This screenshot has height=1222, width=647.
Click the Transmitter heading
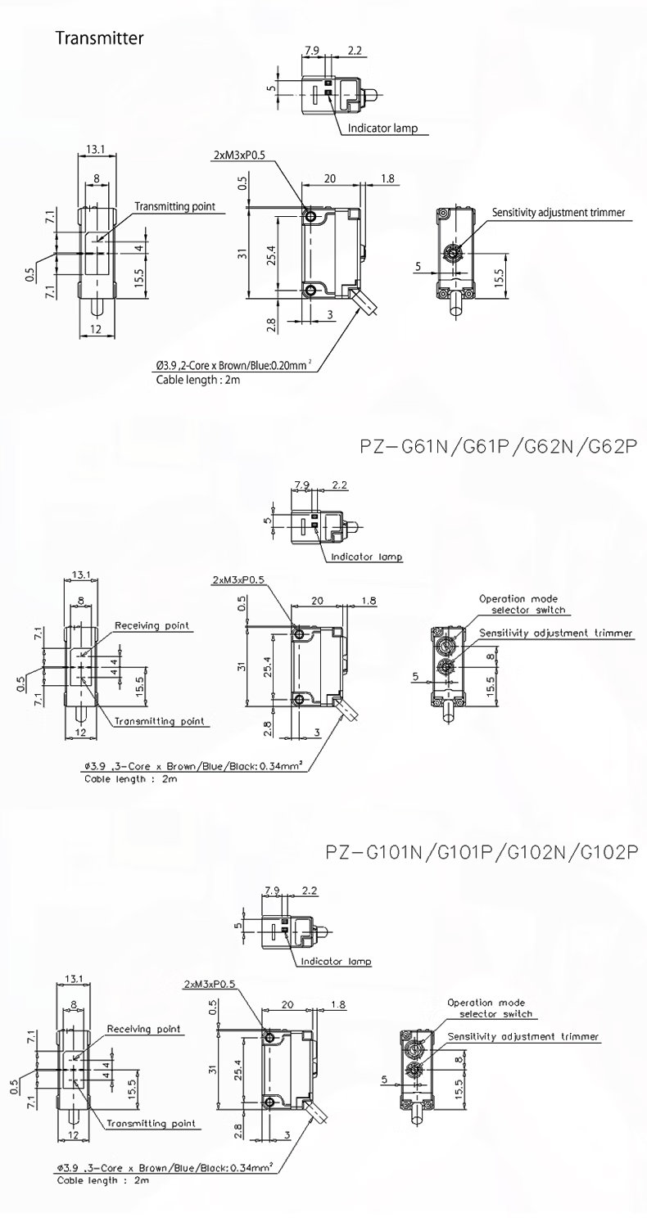[x=99, y=38]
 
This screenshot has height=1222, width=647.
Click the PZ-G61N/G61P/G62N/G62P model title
[x=499, y=447]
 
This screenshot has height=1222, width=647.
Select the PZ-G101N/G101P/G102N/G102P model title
[x=482, y=851]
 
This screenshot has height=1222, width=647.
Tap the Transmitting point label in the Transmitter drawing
[x=174, y=207]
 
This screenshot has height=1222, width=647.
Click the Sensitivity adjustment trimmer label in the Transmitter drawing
[x=559, y=212]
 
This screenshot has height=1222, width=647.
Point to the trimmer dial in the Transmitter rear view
[x=454, y=253]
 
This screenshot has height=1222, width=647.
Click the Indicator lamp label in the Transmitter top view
[x=382, y=129]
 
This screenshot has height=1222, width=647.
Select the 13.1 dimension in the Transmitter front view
[x=96, y=149]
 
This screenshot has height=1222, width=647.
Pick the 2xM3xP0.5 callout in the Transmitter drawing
[x=238, y=156]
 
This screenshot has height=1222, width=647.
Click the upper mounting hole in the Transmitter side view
[x=310, y=217]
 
